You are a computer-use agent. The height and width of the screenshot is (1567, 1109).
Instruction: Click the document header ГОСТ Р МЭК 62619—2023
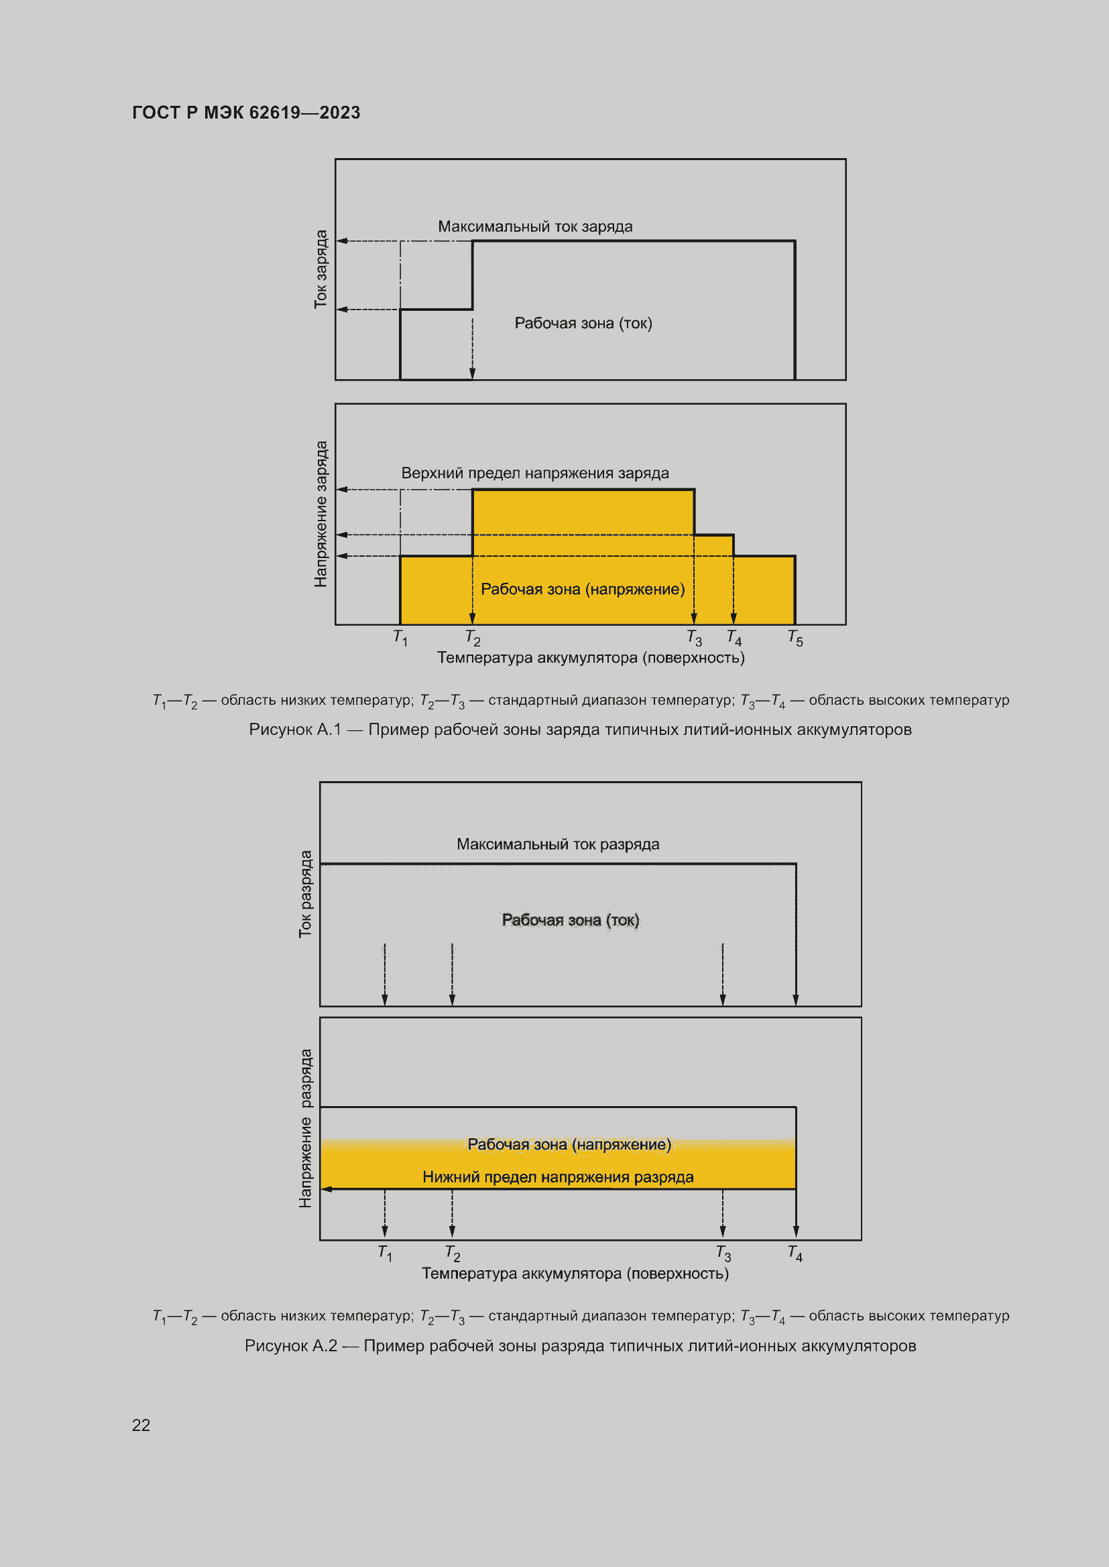(246, 113)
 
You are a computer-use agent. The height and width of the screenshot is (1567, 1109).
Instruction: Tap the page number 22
(141, 1425)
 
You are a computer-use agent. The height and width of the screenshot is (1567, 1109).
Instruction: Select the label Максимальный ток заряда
(534, 226)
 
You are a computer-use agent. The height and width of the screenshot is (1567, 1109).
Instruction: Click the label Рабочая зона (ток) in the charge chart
(583, 324)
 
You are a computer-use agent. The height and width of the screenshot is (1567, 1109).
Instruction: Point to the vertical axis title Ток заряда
(320, 269)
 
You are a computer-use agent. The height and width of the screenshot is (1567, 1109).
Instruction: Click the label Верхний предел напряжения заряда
(534, 473)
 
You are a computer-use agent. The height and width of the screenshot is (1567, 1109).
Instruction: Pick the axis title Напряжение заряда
(320, 513)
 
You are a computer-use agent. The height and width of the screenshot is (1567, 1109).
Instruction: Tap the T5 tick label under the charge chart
(795, 638)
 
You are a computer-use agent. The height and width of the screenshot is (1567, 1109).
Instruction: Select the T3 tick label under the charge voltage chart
(694, 638)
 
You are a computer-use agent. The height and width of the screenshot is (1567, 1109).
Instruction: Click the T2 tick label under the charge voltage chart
(473, 638)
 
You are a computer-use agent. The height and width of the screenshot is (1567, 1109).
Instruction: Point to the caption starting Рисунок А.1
(580, 730)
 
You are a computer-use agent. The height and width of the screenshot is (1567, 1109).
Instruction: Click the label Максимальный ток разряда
(558, 844)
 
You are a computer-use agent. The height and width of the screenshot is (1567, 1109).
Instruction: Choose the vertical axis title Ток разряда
(305, 894)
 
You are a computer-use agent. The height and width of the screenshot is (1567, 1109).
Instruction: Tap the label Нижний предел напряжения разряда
(558, 1177)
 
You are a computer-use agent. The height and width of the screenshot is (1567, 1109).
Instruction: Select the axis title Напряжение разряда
(305, 1128)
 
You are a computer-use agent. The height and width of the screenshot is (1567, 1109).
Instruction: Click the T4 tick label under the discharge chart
(795, 1253)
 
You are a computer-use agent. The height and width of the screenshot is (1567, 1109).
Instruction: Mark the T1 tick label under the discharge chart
(385, 1253)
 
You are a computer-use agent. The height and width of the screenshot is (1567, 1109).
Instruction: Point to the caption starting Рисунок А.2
(580, 1346)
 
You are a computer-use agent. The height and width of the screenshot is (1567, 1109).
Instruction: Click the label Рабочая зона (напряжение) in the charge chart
(583, 590)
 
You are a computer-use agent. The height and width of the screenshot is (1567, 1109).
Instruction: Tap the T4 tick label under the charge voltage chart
(734, 638)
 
